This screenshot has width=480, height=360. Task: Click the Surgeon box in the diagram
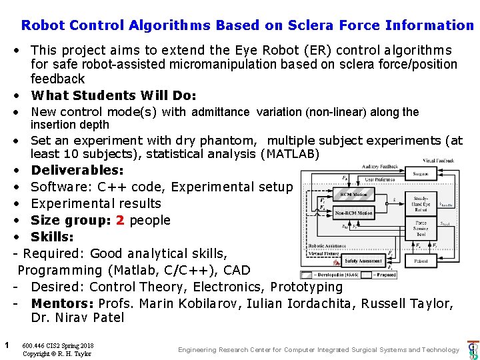(x=421, y=174)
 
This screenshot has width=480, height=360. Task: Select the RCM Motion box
(x=353, y=195)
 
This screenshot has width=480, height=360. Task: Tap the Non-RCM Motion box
(x=354, y=213)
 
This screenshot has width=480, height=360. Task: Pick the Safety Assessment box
(x=363, y=261)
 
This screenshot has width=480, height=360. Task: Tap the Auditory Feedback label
(x=380, y=166)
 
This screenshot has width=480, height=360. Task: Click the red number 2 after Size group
(x=120, y=221)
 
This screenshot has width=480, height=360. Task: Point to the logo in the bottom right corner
(x=473, y=349)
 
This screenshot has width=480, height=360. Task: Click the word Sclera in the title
(x=311, y=25)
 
